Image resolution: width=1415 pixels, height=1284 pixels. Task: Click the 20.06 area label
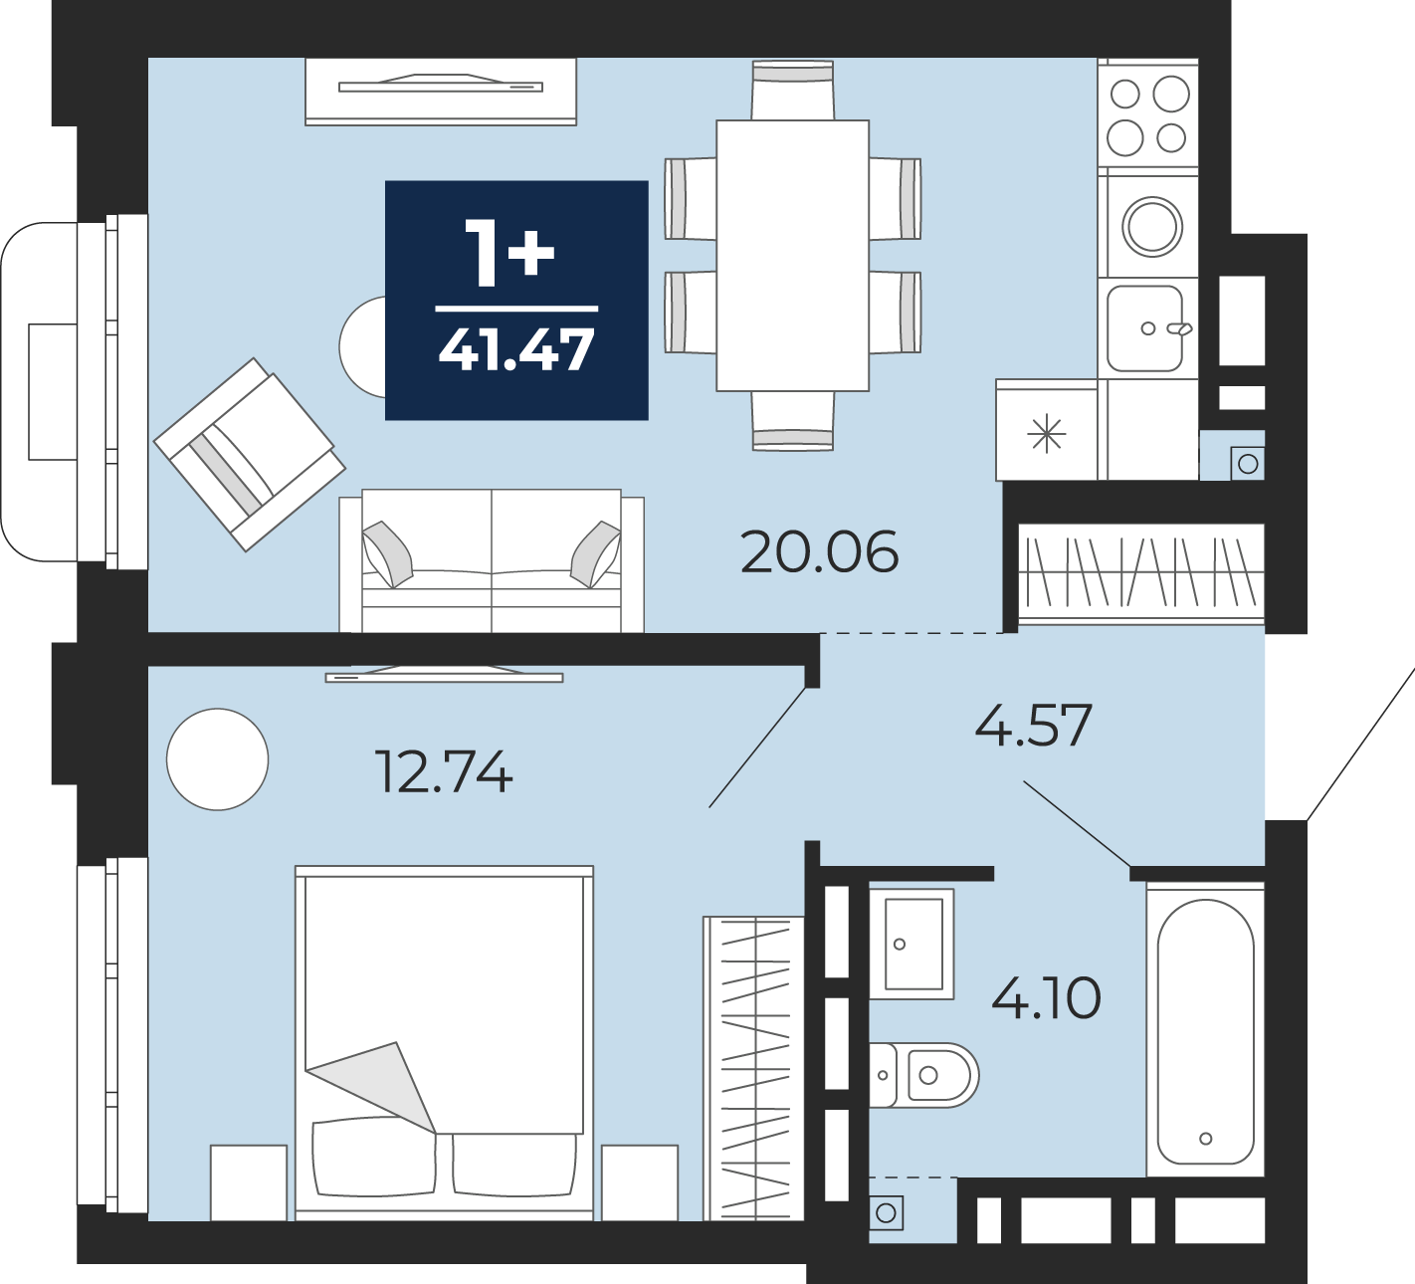coord(820,552)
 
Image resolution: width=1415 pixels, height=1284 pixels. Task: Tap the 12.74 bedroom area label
coord(444,772)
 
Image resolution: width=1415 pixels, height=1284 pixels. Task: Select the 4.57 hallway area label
coord(1033,725)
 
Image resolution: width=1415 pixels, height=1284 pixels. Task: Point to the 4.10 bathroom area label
coord(1046,998)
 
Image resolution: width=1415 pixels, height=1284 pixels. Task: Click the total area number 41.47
coord(516,350)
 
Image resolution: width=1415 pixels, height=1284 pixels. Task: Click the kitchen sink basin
coord(1145,328)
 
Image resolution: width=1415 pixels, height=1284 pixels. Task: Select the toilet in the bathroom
coord(923,1075)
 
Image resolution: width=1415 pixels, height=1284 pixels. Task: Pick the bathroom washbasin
coord(911,944)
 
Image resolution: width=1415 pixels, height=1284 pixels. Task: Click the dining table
coord(793,256)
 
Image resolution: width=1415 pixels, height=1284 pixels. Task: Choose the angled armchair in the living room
coord(250,455)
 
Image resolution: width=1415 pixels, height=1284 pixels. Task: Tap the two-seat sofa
coord(492,560)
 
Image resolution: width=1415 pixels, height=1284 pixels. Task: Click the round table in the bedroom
coord(217,758)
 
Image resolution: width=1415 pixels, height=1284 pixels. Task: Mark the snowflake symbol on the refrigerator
coord(1046,432)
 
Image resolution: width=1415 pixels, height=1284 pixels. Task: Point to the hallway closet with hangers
coord(1141,572)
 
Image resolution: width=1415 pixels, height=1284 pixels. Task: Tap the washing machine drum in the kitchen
coord(1152,227)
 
